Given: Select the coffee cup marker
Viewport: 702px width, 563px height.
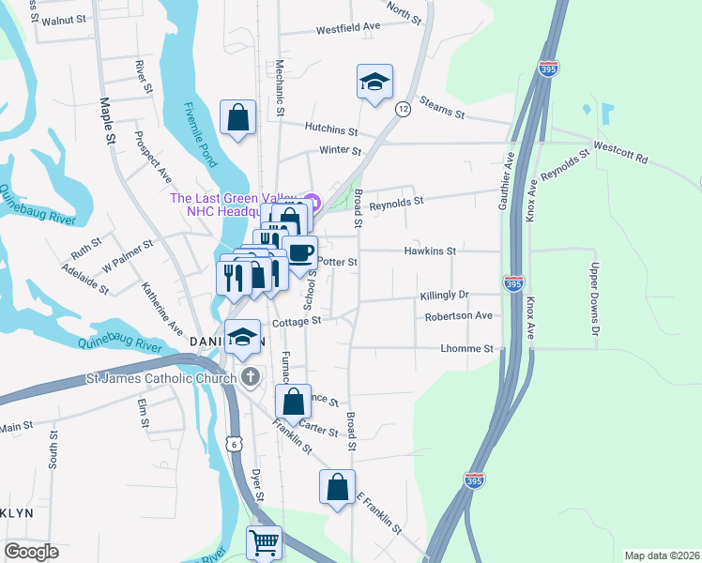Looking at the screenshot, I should point(299,252).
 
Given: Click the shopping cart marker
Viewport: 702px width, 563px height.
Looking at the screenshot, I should point(265,542).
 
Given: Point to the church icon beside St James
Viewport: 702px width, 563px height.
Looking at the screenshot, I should point(250,378).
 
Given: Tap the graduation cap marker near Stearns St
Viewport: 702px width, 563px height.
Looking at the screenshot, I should point(374,82).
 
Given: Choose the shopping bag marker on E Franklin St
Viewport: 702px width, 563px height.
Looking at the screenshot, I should point(337,487).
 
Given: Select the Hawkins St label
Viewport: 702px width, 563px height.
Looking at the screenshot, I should point(430,251).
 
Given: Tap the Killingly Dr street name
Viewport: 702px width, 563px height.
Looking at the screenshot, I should point(444,295).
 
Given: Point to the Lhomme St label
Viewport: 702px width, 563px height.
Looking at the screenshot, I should point(467,349).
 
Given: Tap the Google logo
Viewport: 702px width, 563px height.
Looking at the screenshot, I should point(31,552).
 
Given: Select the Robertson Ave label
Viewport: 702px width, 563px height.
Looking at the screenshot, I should point(459,316).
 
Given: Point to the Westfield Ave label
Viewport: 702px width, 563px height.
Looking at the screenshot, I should point(347,28).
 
